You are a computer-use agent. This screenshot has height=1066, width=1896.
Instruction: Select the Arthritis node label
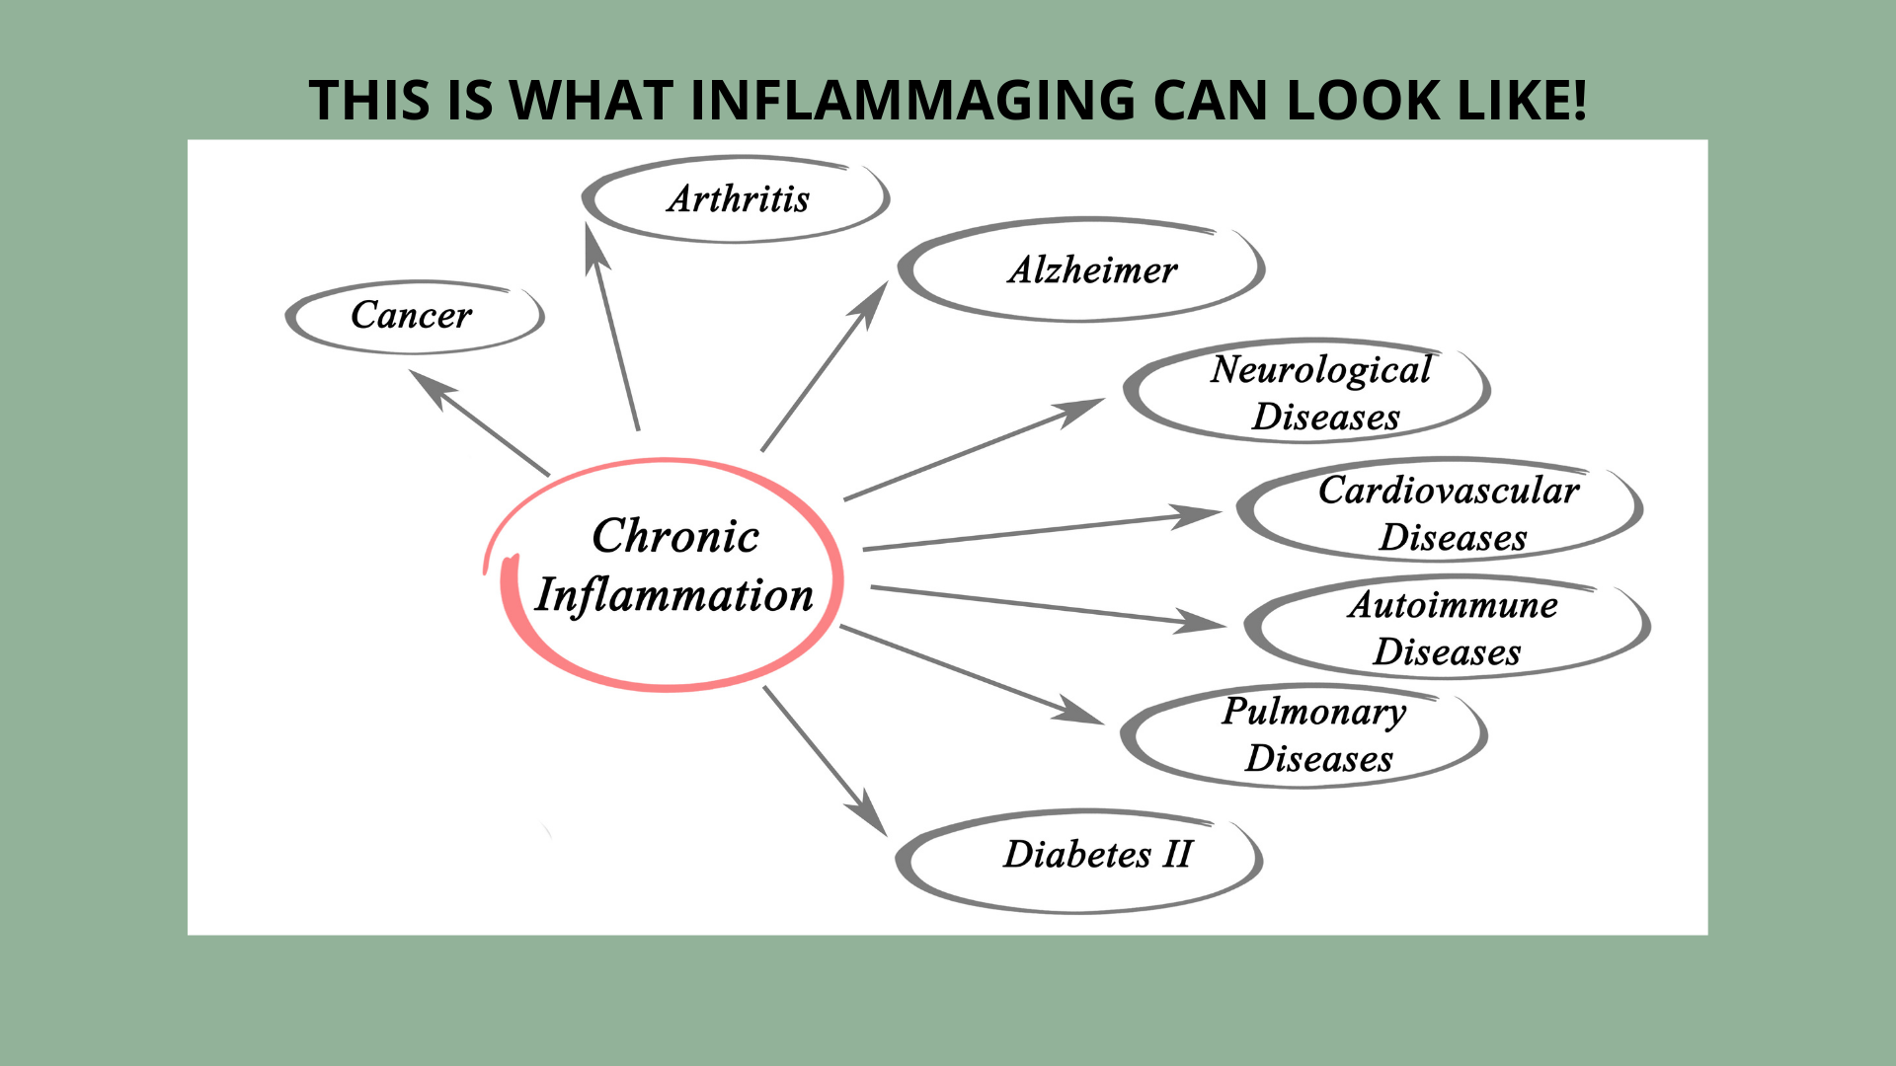point(739,199)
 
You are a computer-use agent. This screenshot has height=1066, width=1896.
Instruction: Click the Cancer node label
point(411,316)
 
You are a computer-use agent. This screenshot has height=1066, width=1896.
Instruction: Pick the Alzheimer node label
point(1092,270)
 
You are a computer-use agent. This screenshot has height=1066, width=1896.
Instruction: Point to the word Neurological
point(1321,370)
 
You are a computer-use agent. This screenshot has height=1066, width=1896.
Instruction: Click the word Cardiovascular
point(1449,491)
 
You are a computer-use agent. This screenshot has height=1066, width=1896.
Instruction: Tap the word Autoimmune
point(1453,605)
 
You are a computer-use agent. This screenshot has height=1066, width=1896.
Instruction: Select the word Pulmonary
point(1314,712)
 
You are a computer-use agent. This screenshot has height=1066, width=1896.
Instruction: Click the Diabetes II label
point(1098,855)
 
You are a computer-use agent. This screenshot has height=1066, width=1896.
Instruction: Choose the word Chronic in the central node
point(675,536)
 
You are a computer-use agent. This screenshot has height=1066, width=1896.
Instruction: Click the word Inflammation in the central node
point(673,595)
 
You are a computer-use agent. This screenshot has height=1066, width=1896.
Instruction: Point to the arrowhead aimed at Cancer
point(429,384)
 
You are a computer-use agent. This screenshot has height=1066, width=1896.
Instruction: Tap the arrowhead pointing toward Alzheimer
point(873,301)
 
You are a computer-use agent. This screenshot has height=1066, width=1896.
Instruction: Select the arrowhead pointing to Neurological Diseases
point(1082,409)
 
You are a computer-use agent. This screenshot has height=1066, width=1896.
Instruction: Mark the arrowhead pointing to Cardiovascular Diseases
point(1197,516)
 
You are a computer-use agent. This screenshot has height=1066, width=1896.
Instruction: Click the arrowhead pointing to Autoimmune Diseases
point(1201,622)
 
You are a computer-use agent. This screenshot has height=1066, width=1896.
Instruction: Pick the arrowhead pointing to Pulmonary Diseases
point(1079,713)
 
